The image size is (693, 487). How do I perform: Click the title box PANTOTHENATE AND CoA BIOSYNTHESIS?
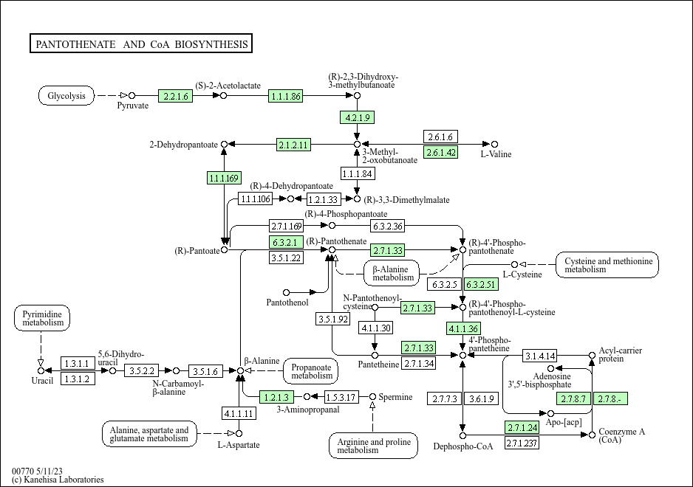(x=142, y=44)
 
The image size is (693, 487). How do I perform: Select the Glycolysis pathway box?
(x=66, y=96)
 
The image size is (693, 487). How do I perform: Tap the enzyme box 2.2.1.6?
(x=176, y=96)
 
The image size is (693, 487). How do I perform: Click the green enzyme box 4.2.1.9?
(x=358, y=117)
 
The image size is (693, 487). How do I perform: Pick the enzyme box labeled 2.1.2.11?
(x=293, y=144)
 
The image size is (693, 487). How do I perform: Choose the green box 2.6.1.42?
(x=441, y=153)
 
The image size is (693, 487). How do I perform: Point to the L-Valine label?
(x=496, y=154)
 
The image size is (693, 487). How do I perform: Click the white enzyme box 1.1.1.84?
(x=358, y=174)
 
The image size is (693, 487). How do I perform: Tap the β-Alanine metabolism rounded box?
(x=392, y=272)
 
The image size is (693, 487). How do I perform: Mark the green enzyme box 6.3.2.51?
(x=480, y=284)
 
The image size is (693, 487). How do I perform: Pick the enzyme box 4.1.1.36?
(x=463, y=328)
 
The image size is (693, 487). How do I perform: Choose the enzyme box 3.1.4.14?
(x=541, y=356)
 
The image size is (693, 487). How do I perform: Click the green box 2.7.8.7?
(x=573, y=398)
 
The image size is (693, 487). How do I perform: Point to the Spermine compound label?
(x=396, y=397)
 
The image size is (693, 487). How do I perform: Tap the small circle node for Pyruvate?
(x=132, y=96)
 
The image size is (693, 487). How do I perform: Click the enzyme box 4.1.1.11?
(x=239, y=413)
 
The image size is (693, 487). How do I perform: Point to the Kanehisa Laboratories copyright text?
(x=58, y=480)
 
